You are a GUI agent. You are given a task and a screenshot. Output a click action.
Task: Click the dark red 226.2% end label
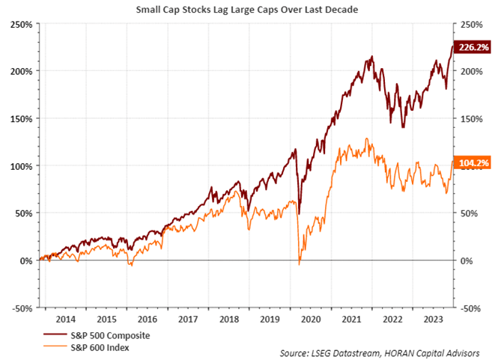pyautogui.click(x=473, y=46)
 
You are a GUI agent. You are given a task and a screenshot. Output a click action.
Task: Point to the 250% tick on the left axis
pyautogui.click(x=20, y=24)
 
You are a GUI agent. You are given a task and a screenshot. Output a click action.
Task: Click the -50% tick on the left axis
pyautogui.click(x=21, y=308)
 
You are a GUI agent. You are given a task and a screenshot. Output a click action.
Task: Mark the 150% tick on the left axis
pyautogui.click(x=20, y=118)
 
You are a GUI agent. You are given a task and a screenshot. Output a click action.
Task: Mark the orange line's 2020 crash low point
pyautogui.click(x=299, y=264)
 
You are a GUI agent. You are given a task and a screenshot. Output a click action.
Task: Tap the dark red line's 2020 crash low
pyautogui.click(x=300, y=203)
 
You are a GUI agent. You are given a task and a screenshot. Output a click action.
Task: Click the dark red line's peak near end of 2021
pyautogui.click(x=371, y=56)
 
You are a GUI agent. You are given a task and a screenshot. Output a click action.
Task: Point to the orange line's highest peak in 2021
pyautogui.click(x=365, y=138)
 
